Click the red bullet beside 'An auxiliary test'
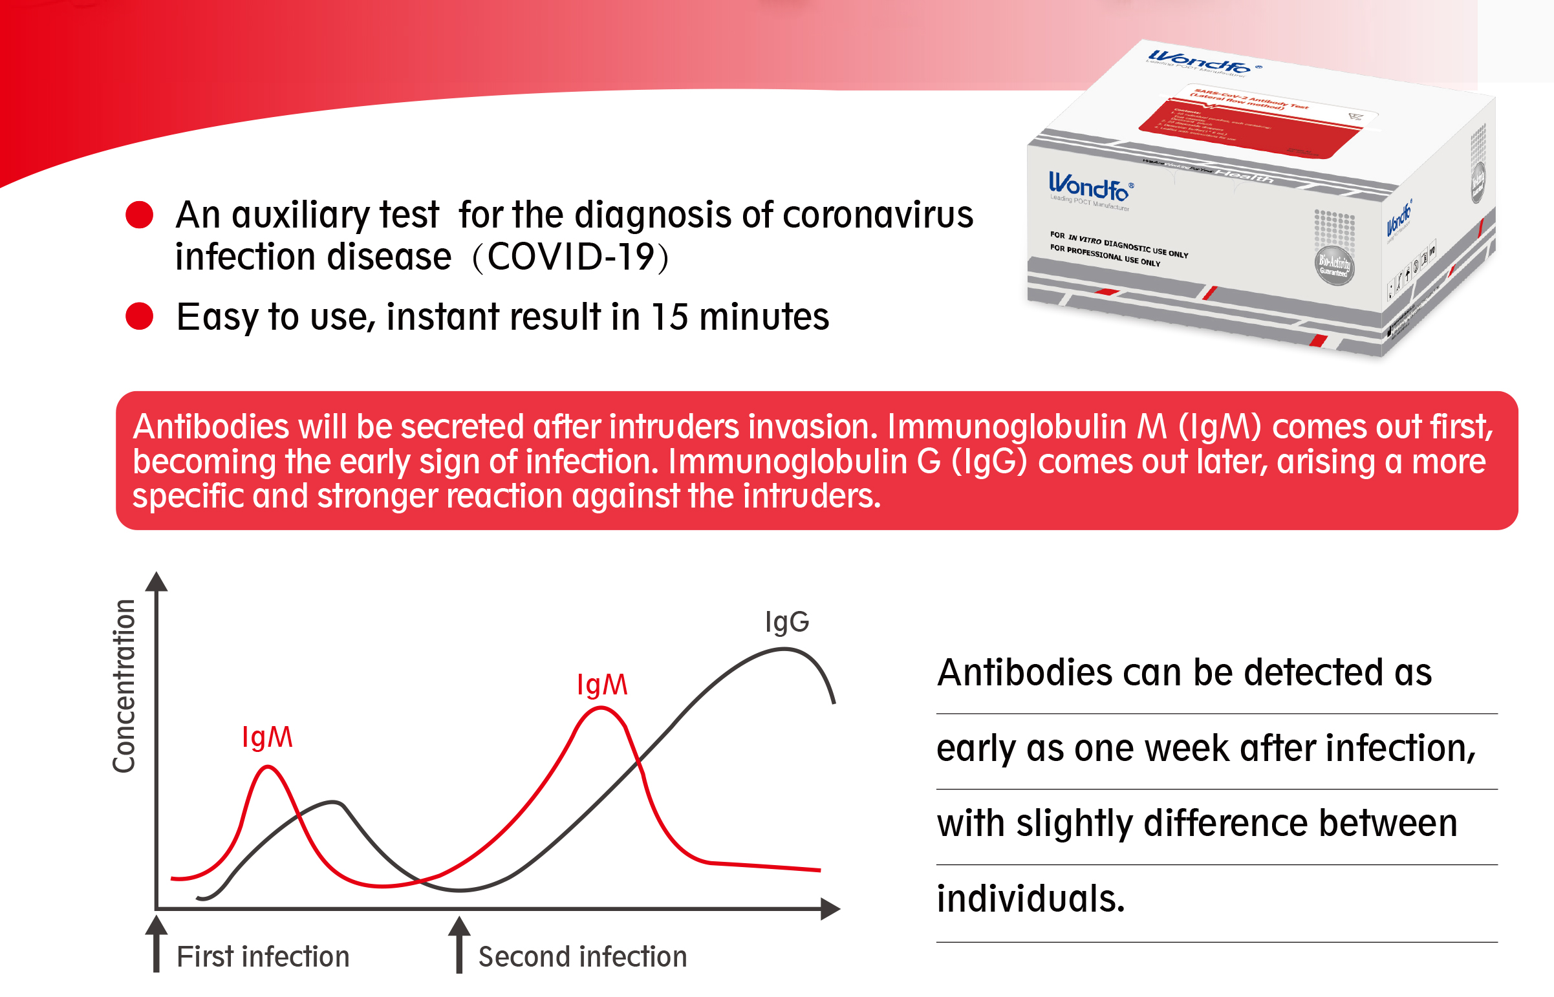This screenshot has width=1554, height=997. coord(139,215)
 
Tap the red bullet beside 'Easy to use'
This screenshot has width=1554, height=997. coord(139,316)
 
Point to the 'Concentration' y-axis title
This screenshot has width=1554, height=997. coord(124,686)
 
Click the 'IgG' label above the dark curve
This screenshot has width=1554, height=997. coord(787,621)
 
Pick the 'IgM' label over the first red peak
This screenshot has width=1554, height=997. coord(267,737)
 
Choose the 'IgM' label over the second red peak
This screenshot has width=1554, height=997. coord(602,685)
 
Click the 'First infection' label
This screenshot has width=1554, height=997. coord(263,957)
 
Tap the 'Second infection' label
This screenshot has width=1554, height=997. coord(583,957)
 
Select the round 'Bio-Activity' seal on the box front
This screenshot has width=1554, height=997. coord(1335,265)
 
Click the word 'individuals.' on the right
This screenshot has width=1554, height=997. coord(1031,899)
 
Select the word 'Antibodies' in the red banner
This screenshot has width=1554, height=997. coord(210,427)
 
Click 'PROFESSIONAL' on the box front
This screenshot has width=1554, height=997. coord(1094,253)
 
